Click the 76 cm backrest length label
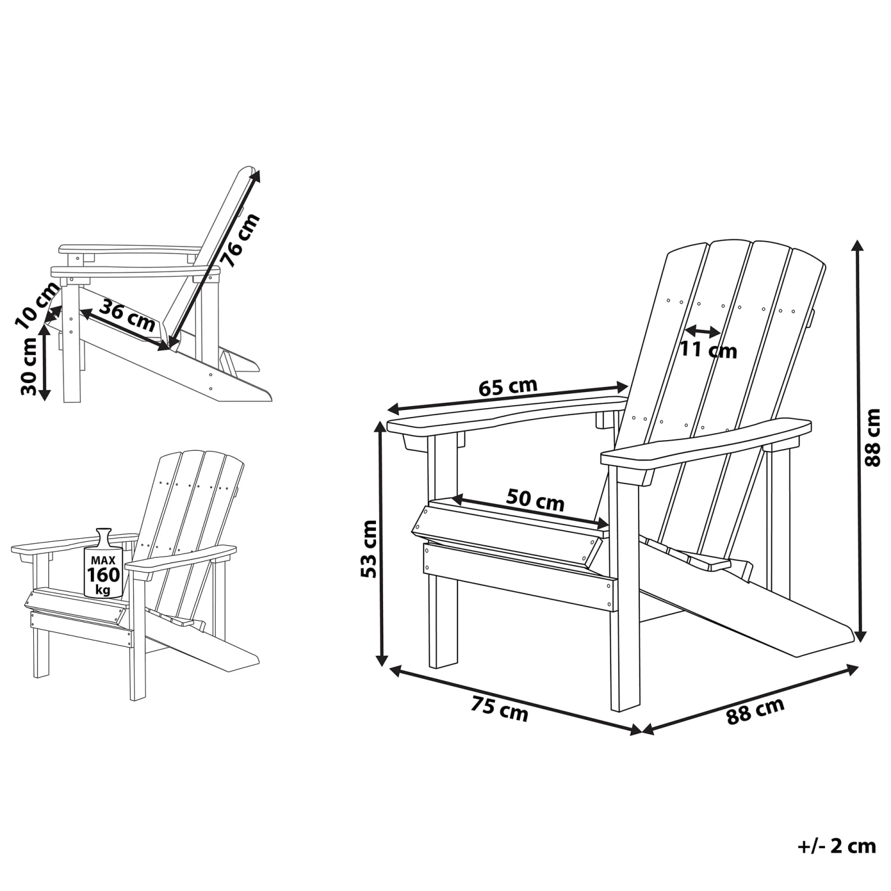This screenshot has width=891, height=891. coord(240,241)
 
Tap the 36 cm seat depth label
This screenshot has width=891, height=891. coord(127,316)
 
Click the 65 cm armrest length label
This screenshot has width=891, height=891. coord(507,387)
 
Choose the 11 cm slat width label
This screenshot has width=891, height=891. coord(708,350)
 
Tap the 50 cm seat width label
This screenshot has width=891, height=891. coord(535,501)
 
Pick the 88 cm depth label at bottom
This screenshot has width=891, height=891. coord(756,711)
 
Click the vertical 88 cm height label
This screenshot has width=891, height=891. coord(872,437)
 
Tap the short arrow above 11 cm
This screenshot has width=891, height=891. coord(703,330)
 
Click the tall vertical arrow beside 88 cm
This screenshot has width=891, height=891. coord(857,440)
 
